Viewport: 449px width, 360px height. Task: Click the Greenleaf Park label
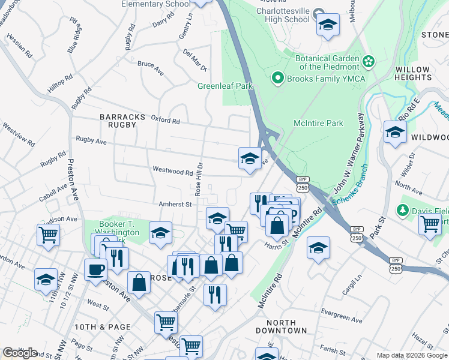click(225, 86)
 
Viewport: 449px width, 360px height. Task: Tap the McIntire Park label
click(318, 123)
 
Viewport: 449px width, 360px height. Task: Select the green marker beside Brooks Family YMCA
click(277, 78)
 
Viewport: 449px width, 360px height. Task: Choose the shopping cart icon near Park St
click(429, 224)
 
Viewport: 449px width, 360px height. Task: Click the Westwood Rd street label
click(172, 172)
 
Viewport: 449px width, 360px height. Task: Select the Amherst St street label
click(174, 204)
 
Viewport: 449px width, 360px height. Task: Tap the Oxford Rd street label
click(165, 121)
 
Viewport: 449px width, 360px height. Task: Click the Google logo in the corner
click(20, 352)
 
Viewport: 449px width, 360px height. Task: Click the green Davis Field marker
click(403, 211)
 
